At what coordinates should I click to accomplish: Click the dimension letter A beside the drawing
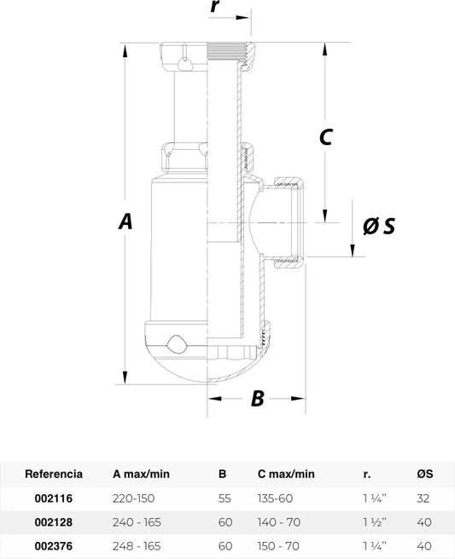tap(125, 221)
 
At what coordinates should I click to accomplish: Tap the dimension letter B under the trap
tap(258, 398)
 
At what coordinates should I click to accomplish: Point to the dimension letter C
tap(326, 136)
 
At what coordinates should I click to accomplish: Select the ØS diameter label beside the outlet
tap(379, 226)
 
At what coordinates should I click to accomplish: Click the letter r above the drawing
tap(214, 6)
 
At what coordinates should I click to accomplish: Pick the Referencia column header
tap(54, 474)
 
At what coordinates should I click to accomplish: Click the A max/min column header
tap(141, 474)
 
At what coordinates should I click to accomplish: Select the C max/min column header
tap(286, 474)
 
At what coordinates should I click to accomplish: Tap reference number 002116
tap(54, 498)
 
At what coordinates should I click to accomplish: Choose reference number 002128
tap(54, 522)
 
